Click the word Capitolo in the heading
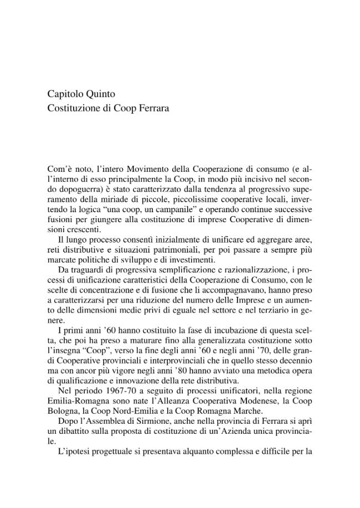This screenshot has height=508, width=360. [x=64, y=94]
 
